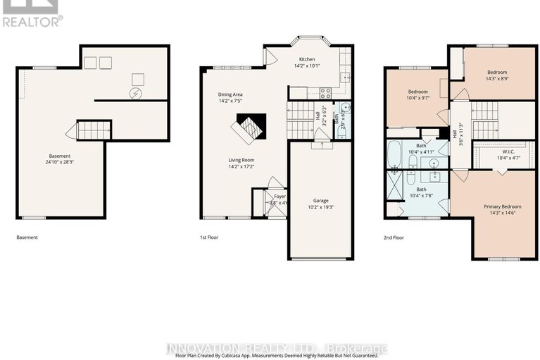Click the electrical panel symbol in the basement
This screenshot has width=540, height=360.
[135, 94]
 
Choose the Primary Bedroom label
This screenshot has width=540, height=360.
[501, 206]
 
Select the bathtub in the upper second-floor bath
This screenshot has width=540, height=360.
[394, 152]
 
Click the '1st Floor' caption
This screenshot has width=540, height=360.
[208, 237]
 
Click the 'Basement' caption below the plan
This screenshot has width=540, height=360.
[27, 237]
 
